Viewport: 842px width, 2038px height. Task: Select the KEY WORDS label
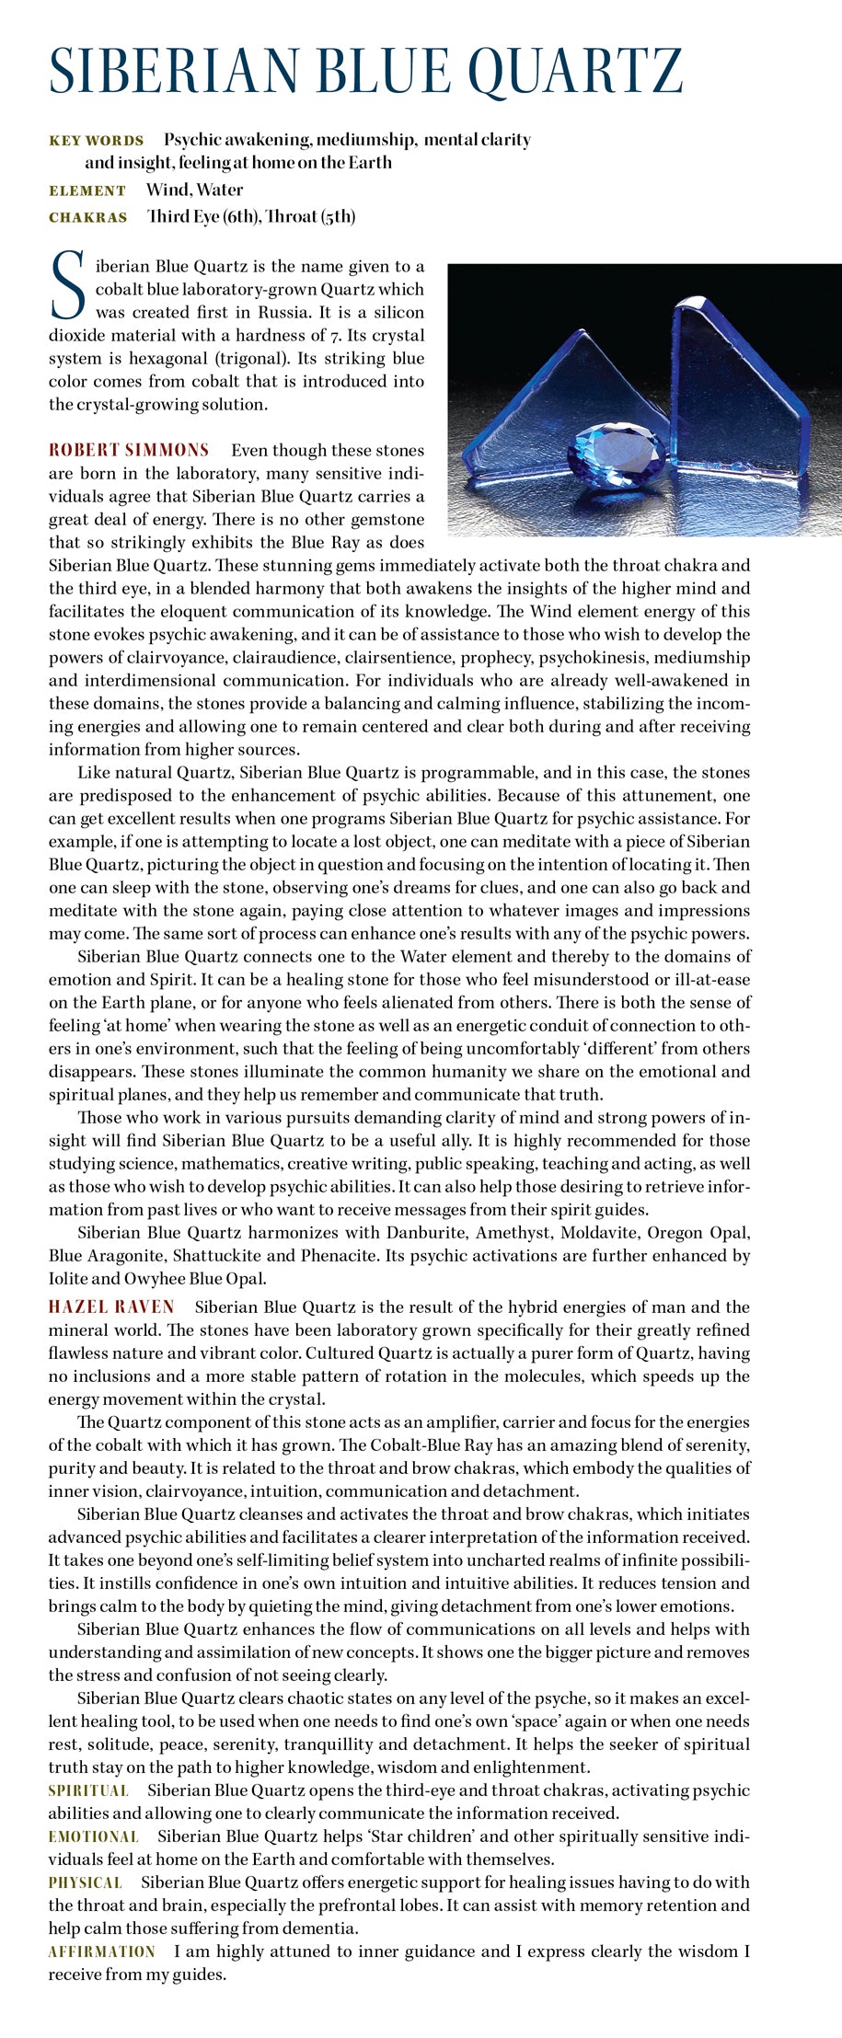[96, 141]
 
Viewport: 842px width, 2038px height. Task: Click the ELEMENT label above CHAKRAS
[87, 190]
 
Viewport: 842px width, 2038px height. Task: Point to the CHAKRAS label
[87, 218]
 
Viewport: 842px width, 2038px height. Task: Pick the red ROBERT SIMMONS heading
[129, 450]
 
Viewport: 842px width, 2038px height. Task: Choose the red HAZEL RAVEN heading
[111, 1307]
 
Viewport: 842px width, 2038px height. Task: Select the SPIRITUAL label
[87, 1790]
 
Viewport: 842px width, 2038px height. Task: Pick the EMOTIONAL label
[93, 1837]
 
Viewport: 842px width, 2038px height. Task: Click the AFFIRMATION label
[101, 1952]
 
